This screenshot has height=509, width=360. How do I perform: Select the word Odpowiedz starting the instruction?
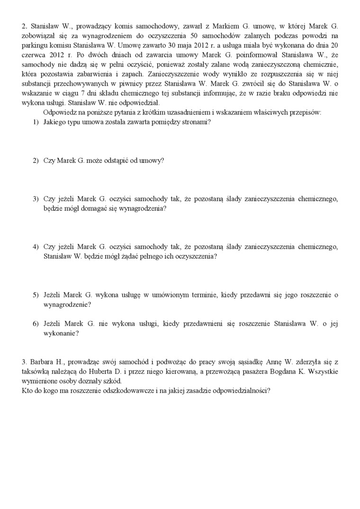(x=60, y=113)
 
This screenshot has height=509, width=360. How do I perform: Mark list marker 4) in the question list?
(x=36, y=247)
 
